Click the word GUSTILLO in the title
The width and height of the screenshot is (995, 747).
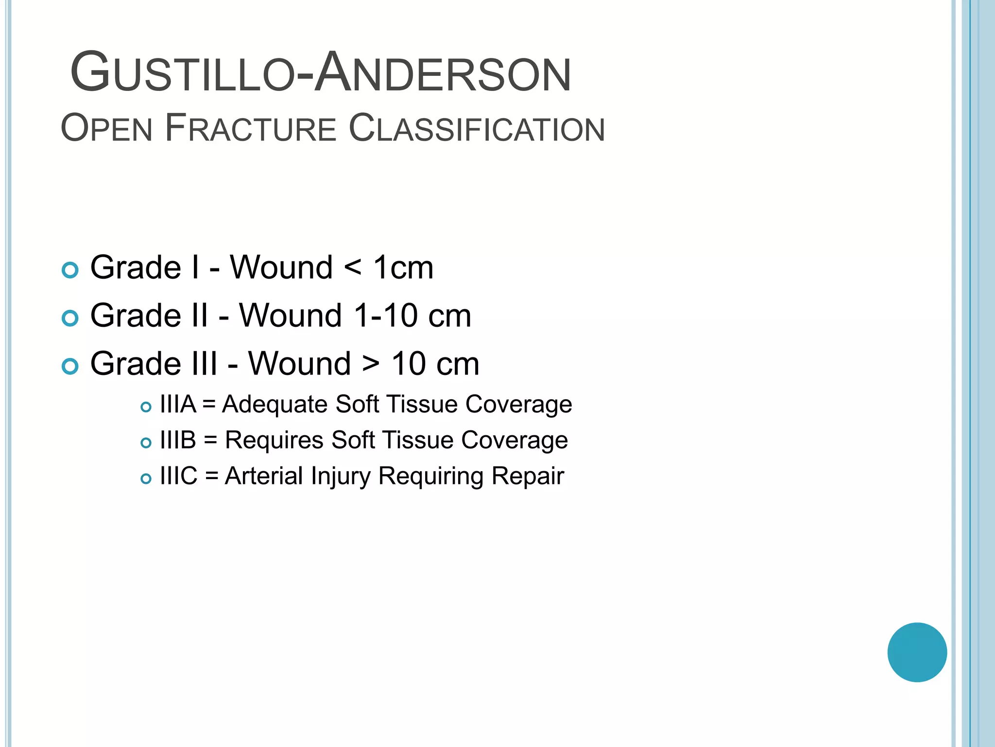coord(182,73)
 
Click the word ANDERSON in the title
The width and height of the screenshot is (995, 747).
coord(442,73)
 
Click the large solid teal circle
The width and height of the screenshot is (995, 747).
coord(917,652)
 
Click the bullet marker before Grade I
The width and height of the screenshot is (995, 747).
coord(70,270)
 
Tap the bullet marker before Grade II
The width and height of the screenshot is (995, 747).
coord(70,318)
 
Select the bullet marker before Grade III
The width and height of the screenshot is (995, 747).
coord(70,366)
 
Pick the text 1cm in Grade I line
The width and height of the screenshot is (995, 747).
coord(403,268)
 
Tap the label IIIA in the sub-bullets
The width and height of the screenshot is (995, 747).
coord(178,405)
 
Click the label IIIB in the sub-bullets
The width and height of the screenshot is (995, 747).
coord(178,440)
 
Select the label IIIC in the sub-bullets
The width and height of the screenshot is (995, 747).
coord(178,476)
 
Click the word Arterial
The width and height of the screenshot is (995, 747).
coord(264,476)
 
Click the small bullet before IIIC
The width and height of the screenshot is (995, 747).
coord(146,479)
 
